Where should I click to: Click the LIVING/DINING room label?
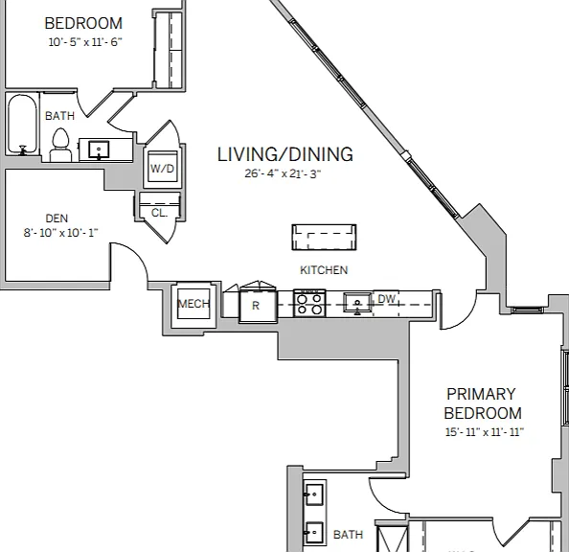(x=284, y=154)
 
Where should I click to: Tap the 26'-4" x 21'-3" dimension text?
(x=283, y=173)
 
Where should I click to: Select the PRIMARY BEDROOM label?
(x=483, y=403)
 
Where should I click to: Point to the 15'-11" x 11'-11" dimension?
(x=485, y=432)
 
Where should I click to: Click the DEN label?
(x=57, y=218)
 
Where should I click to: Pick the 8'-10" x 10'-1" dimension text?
(x=61, y=233)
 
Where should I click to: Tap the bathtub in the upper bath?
(x=22, y=125)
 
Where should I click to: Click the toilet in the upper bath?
(x=60, y=146)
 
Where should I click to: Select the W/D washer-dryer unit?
(x=162, y=169)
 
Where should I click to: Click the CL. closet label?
(x=159, y=213)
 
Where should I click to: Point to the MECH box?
(x=193, y=304)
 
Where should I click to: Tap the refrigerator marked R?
(x=258, y=305)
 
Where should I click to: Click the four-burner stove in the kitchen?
(x=309, y=303)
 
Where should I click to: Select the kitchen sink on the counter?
(x=357, y=303)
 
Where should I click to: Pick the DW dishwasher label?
(x=386, y=299)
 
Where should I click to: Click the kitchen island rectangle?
(x=324, y=238)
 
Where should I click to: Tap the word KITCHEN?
(x=324, y=270)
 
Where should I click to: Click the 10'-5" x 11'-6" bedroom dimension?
(x=85, y=42)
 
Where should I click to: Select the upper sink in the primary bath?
(x=313, y=494)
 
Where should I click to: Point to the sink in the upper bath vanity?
(x=99, y=149)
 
